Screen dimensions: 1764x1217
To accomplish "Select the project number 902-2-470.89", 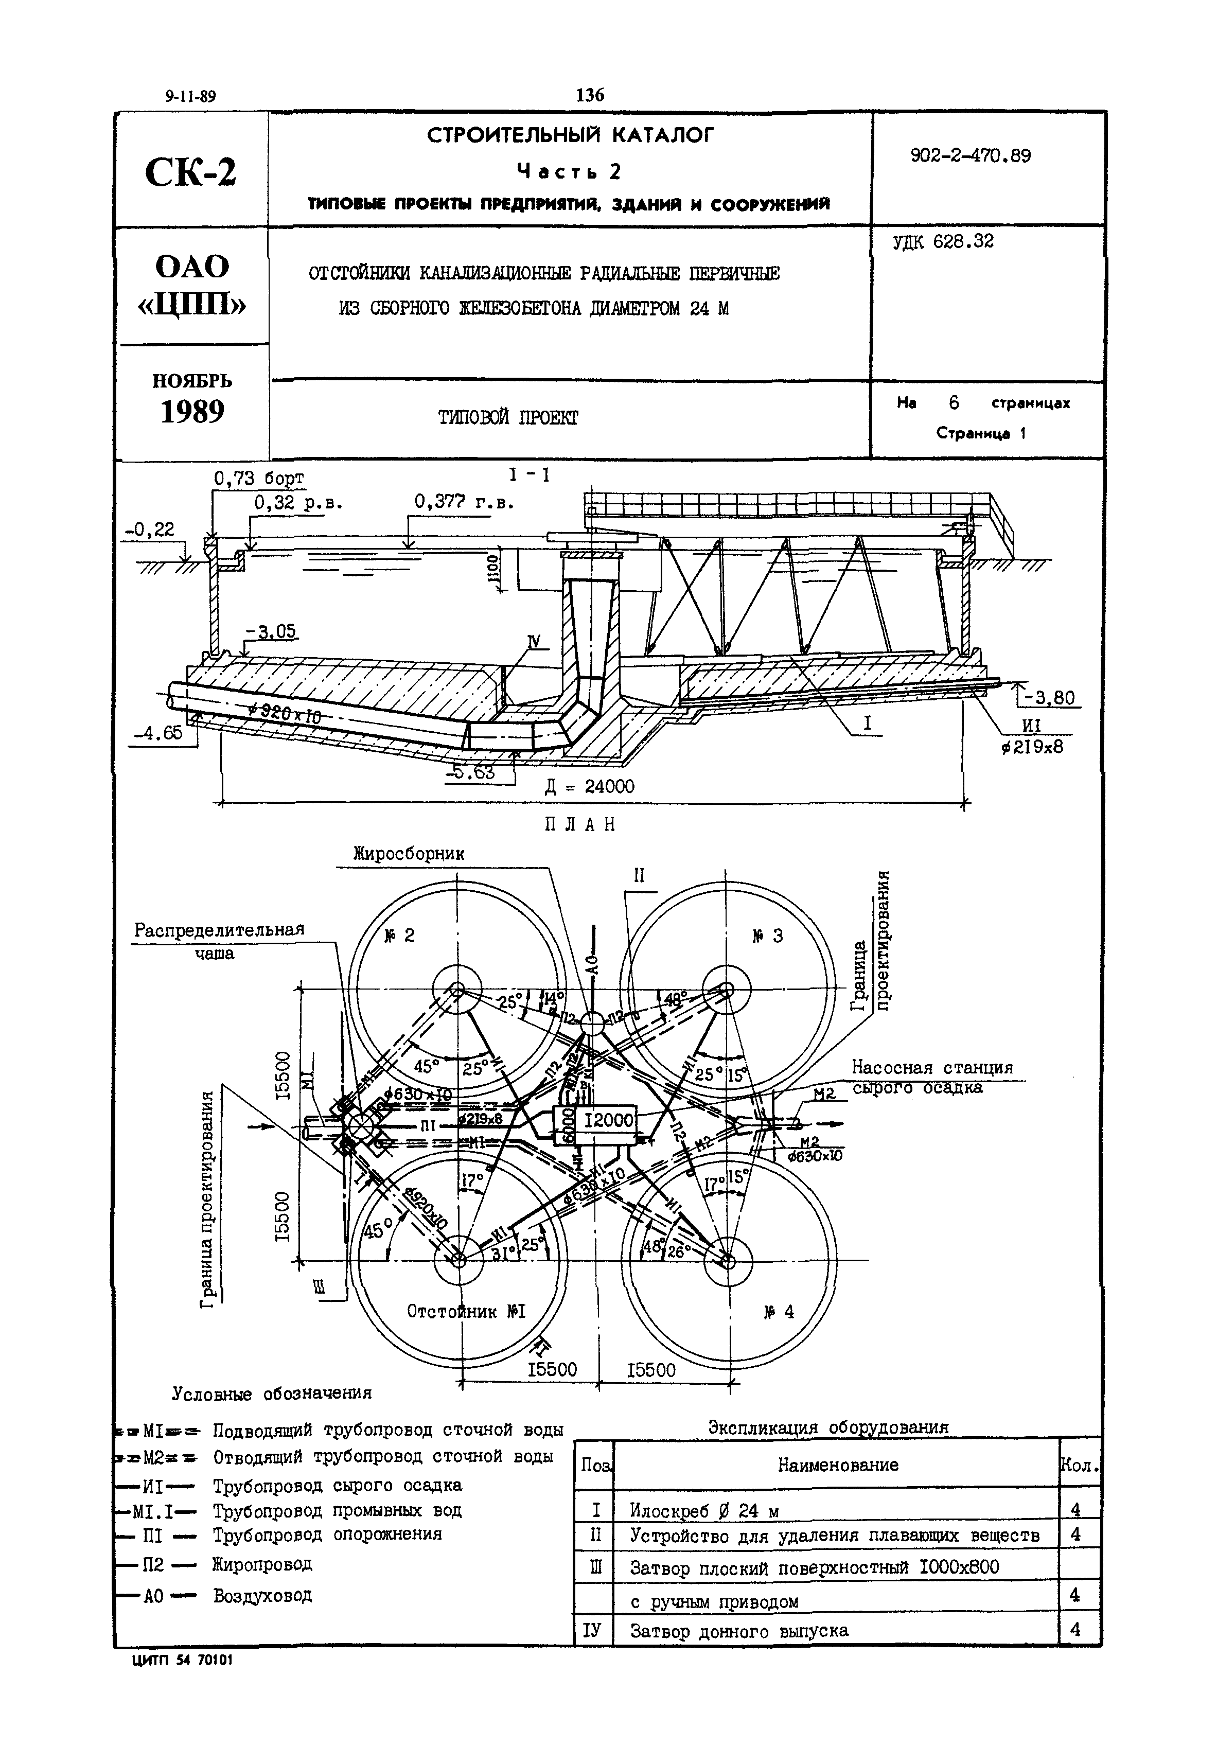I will [970, 156].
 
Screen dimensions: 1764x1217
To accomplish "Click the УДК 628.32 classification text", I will [943, 242].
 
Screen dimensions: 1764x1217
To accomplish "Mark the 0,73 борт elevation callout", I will [258, 479].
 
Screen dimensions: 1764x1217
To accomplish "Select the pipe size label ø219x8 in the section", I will [1032, 747].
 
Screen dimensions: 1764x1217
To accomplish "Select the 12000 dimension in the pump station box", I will [609, 1120].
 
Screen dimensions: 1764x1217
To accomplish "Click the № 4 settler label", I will [779, 1312].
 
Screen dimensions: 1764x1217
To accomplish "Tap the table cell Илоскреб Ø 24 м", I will [704, 1510].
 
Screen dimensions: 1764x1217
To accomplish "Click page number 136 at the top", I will [590, 95].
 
